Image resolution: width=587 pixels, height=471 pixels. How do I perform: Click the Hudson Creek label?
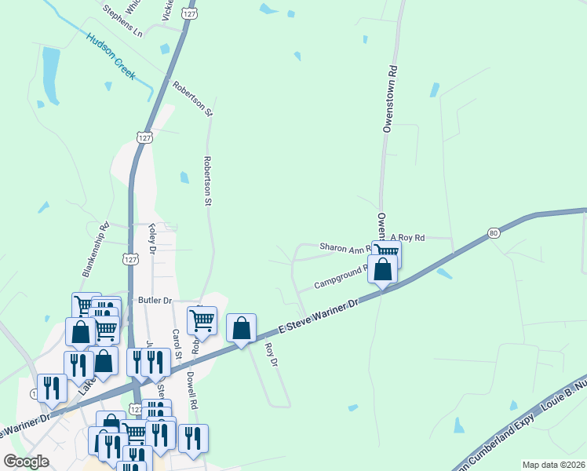tap(111, 57)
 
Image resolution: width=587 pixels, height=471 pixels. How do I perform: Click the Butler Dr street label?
tap(155, 300)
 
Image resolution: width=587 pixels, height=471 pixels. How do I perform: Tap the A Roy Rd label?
tap(407, 237)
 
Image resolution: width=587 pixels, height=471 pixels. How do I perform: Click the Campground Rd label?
tap(341, 276)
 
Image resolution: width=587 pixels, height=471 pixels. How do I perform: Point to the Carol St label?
tap(177, 344)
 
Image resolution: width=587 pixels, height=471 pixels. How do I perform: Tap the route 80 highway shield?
tap(493, 232)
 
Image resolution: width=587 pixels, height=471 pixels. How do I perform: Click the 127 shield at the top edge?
tap(188, 14)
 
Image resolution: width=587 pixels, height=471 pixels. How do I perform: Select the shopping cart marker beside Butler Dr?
tap(202, 320)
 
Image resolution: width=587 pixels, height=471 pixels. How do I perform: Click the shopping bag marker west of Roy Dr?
tap(241, 327)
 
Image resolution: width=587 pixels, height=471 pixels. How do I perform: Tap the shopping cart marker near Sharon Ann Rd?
tap(385, 253)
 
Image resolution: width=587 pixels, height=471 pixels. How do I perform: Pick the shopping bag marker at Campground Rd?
tap(382, 270)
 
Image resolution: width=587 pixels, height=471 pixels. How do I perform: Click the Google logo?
tap(27, 462)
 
